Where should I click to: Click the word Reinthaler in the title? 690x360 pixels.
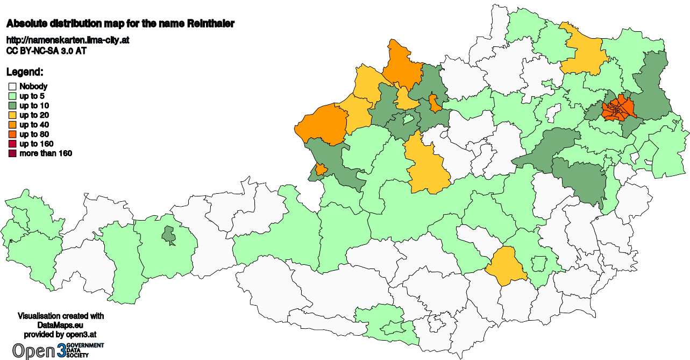(210, 24)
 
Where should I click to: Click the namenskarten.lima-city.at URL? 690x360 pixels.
(68, 40)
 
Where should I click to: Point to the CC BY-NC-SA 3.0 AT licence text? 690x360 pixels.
(46, 51)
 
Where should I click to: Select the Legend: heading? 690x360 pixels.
(25, 72)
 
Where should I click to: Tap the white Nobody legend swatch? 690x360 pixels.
(12, 86)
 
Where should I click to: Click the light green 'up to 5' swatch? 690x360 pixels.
(12, 96)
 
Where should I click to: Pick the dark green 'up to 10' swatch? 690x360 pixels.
(12, 105)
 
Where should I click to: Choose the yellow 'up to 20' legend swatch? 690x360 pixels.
(12, 115)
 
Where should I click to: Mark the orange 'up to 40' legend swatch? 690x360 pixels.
(12, 125)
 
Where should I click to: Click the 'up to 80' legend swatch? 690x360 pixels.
(12, 135)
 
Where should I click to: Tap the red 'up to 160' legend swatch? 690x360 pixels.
(12, 144)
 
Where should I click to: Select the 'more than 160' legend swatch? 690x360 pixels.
(12, 154)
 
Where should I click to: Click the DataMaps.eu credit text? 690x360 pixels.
(61, 326)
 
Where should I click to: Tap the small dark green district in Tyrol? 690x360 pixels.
(169, 235)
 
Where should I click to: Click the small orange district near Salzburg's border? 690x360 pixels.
(321, 170)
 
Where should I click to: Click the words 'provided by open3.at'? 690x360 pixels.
(61, 334)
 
